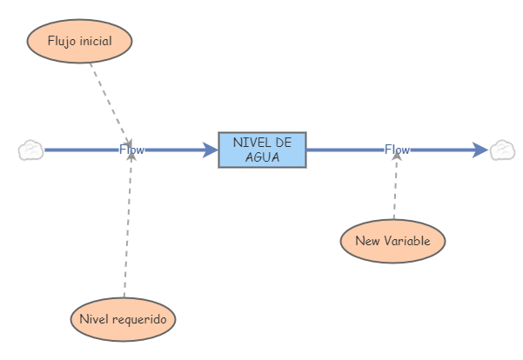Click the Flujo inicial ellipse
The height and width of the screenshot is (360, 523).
[79, 41]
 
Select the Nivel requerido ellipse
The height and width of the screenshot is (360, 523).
[123, 319]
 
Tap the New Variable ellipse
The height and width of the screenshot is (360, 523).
[393, 240]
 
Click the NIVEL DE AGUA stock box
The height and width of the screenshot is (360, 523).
[262, 150]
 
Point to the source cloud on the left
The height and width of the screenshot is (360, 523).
[30, 150]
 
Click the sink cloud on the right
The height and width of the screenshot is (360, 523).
[502, 150]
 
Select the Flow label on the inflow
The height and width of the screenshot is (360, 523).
[131, 150]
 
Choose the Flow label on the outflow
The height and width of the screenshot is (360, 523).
[397, 150]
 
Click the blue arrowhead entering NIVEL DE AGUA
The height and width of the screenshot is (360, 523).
[210, 150]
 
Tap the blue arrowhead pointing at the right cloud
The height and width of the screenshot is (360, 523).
[480, 150]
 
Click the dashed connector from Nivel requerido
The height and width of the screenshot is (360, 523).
[127, 226]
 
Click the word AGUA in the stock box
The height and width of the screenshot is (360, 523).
[262, 157]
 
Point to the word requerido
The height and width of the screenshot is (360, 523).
[143, 319]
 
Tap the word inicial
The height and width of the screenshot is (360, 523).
[97, 40]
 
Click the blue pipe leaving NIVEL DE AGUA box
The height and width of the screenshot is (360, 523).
[344, 150]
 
